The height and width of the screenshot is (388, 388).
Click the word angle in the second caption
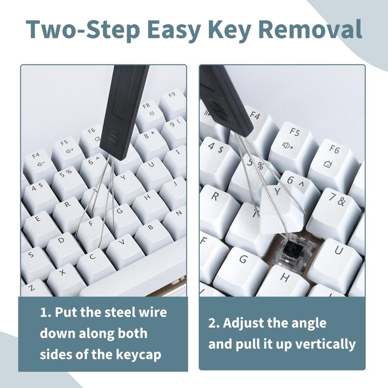click(306, 323)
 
